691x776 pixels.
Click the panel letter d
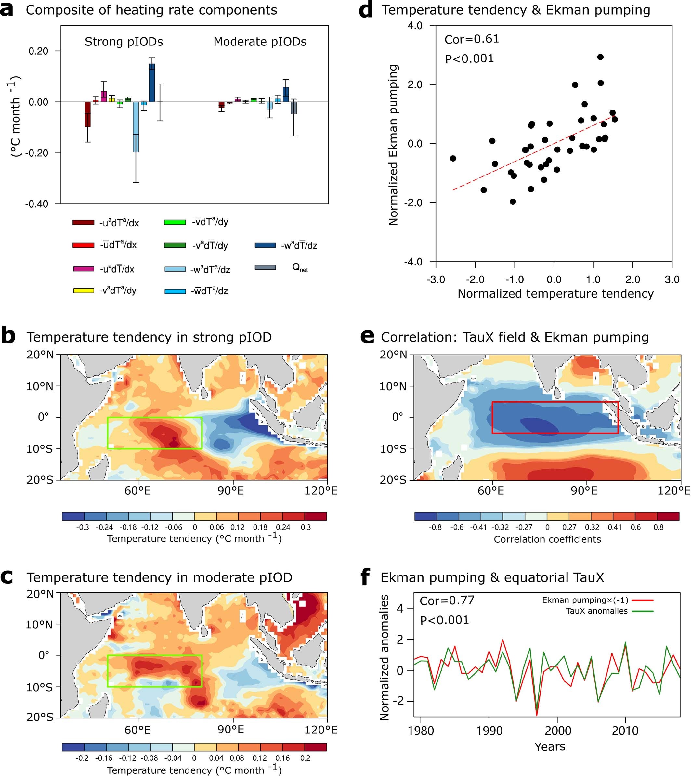(x=366, y=11)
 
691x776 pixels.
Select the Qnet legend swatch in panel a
(x=265, y=268)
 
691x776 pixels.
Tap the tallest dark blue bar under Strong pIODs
(x=152, y=83)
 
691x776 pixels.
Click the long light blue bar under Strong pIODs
(x=136, y=127)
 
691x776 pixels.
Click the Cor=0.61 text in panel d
(x=472, y=39)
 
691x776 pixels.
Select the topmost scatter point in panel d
(x=600, y=57)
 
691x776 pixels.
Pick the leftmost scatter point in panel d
(x=453, y=158)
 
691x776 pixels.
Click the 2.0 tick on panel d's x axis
(x=632, y=279)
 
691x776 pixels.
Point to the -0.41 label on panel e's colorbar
(x=479, y=527)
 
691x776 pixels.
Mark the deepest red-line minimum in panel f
(x=537, y=715)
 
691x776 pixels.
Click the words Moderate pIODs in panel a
(x=260, y=42)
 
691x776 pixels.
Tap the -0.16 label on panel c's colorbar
(x=103, y=758)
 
